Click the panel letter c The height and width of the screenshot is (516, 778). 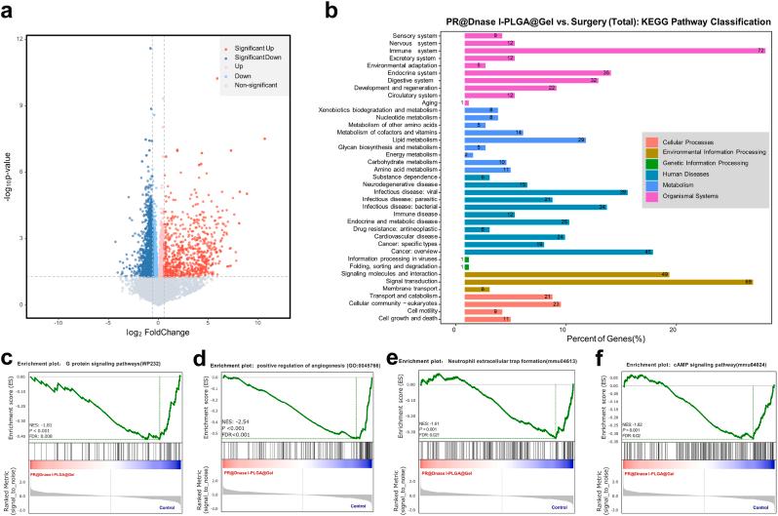coord(9,357)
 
